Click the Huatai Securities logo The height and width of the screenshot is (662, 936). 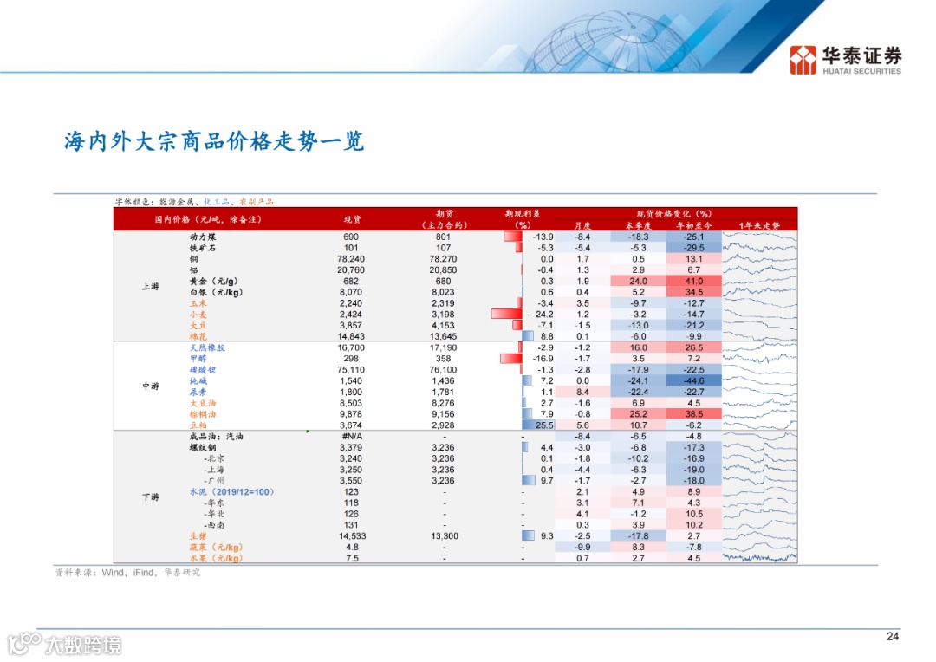tap(845, 60)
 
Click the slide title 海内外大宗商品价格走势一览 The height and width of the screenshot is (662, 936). tap(214, 141)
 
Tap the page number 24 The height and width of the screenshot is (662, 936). tap(893, 636)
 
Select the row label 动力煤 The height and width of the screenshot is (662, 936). tap(203, 237)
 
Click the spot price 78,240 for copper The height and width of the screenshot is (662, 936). tap(351, 259)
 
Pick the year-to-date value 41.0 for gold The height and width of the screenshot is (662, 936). tap(693, 281)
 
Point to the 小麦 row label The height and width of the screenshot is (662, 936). tap(198, 315)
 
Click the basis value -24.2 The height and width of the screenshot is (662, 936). tap(543, 315)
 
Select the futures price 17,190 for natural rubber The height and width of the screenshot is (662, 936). tap(443, 347)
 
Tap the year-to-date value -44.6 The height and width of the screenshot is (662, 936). tap(693, 381)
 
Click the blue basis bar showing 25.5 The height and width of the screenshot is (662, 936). tap(538, 425)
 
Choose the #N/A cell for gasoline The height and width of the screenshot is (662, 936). tap(351, 437)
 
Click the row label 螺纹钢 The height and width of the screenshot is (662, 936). tap(203, 448)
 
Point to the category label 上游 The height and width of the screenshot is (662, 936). tap(151, 287)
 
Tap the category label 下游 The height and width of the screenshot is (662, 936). tap(151, 497)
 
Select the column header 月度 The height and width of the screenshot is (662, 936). tap(582, 225)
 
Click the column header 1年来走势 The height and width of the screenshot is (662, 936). tap(759, 225)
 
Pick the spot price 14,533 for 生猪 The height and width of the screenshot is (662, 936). tap(352, 536)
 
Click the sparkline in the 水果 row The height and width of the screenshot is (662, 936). tap(759, 558)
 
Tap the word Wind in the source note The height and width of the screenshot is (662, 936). tap(113, 573)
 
